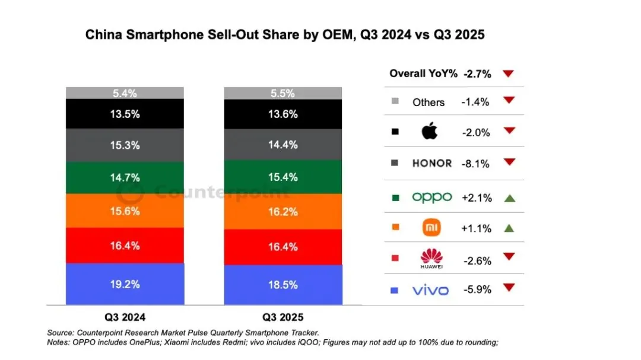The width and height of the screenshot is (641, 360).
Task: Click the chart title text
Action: click(x=285, y=35)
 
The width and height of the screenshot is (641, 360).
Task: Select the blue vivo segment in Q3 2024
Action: click(x=125, y=284)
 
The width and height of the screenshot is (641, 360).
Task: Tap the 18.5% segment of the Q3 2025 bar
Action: click(x=283, y=285)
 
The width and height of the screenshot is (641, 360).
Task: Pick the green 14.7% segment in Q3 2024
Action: click(x=125, y=177)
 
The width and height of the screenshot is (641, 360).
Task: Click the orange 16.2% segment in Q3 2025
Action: click(x=283, y=211)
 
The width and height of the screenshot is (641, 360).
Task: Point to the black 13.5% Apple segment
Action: click(x=125, y=114)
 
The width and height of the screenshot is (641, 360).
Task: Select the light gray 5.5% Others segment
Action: click(x=283, y=93)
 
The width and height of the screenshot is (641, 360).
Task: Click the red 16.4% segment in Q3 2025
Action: click(x=283, y=247)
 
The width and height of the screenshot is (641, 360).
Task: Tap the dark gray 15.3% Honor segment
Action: click(x=125, y=145)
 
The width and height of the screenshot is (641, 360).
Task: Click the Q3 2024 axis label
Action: click(x=125, y=317)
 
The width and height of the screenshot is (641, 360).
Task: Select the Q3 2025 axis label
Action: click(x=283, y=317)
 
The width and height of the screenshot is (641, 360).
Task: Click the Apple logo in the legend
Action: click(x=430, y=132)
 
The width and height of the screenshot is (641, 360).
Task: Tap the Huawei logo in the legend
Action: click(x=431, y=258)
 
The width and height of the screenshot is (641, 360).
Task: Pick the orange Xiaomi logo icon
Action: click(x=431, y=228)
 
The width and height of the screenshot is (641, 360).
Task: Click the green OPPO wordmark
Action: click(x=431, y=197)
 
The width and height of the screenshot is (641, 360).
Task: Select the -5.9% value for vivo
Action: click(x=476, y=290)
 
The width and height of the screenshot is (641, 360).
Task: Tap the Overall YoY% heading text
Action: click(x=423, y=74)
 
